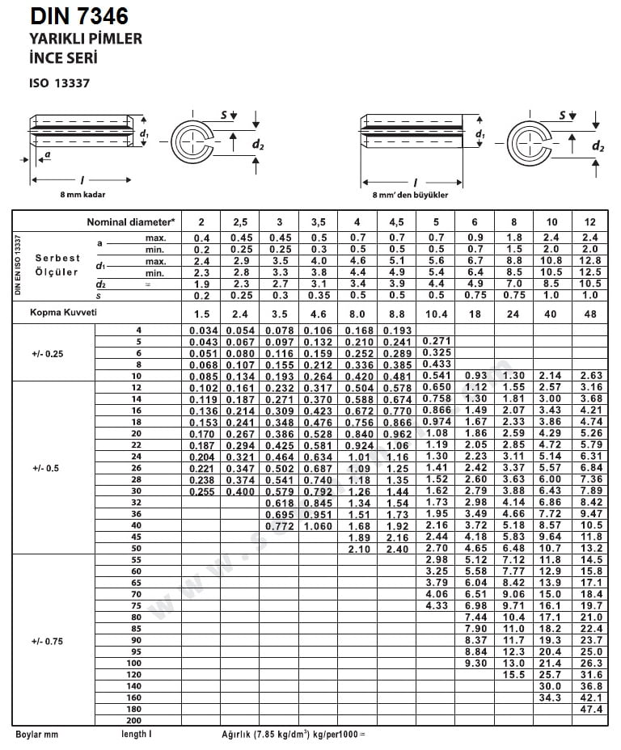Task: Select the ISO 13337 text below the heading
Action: point(62,82)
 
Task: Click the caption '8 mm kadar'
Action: point(82,195)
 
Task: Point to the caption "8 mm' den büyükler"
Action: point(410,195)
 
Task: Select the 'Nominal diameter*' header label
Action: point(131,221)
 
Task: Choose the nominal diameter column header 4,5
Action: point(396,221)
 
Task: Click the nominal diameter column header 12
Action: point(590,221)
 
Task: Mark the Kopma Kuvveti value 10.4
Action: point(436,313)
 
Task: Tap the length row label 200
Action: point(134,720)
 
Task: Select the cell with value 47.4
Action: point(591,709)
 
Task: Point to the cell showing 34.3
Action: point(551,697)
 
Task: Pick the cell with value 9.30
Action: point(475,663)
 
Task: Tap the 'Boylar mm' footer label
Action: point(37,735)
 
